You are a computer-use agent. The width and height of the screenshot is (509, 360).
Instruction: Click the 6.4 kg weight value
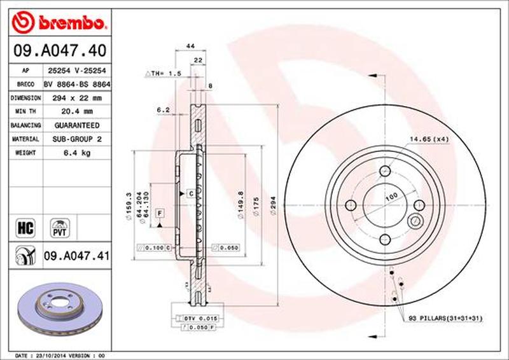point(75,153)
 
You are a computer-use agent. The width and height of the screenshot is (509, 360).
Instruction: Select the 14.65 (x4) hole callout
point(429,137)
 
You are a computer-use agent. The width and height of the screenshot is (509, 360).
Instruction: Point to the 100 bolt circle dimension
point(391,195)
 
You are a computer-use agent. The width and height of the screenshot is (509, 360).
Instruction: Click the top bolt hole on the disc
point(385,172)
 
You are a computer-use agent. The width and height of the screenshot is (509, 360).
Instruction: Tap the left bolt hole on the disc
point(351,205)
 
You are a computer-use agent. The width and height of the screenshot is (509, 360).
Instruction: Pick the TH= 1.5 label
point(167,74)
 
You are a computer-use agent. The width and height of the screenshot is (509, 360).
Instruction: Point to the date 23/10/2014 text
point(51,355)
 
